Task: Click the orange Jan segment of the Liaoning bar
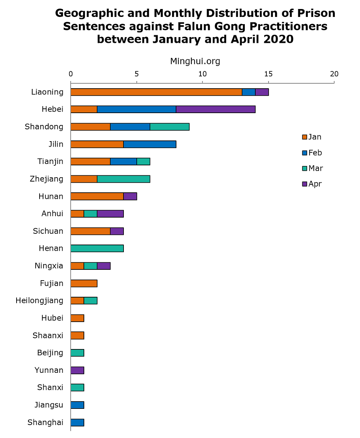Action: click(156, 92)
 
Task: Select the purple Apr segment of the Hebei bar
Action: click(216, 109)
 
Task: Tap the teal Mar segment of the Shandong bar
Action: click(170, 127)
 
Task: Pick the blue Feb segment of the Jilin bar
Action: click(150, 144)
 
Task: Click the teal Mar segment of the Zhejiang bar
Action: click(123, 179)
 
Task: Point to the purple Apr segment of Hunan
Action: click(130, 196)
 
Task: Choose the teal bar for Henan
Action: click(97, 248)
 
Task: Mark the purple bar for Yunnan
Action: click(77, 370)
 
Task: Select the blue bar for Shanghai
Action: click(77, 423)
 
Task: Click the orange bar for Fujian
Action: click(84, 283)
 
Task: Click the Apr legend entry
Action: click(312, 184)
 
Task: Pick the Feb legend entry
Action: click(312, 153)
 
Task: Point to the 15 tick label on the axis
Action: click(268, 74)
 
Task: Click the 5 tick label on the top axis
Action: click(136, 74)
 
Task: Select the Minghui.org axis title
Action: click(195, 62)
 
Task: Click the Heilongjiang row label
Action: click(40, 300)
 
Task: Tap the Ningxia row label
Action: click(49, 266)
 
